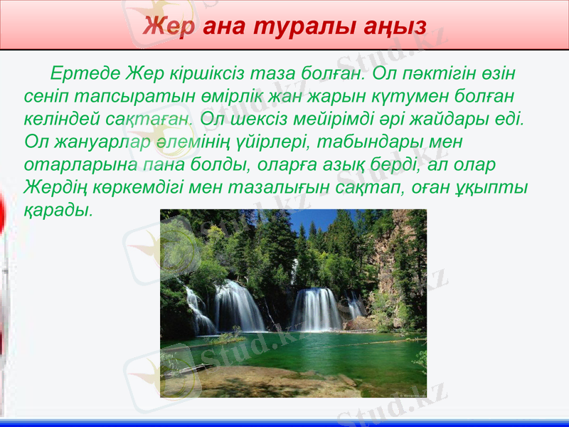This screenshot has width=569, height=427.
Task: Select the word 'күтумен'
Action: [x=407, y=95]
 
